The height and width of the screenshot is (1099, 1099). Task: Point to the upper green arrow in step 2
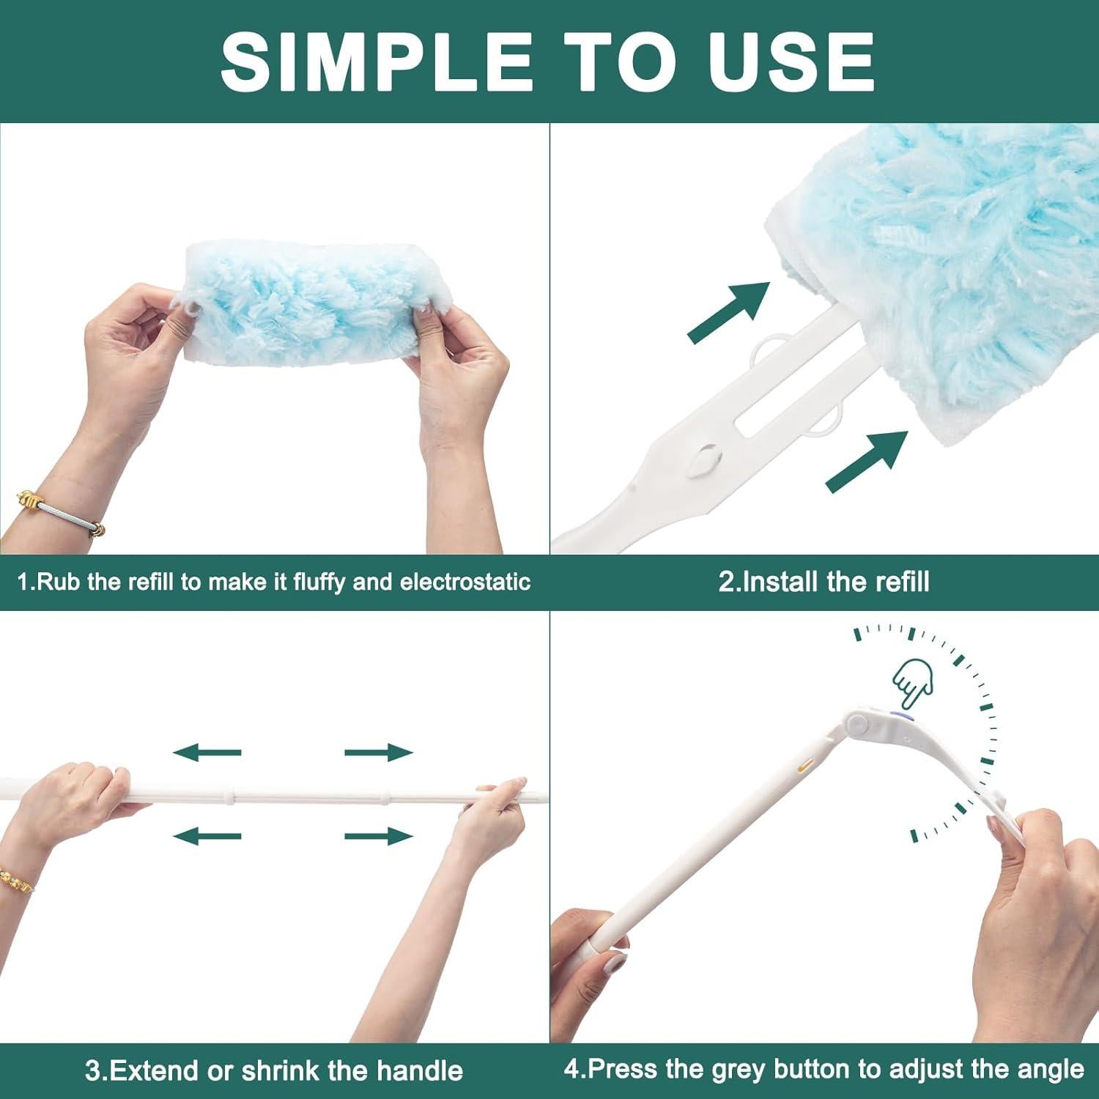pos(730,311)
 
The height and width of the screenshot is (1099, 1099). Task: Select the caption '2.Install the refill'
pos(824,582)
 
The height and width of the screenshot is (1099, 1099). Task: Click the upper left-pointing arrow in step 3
pos(207,752)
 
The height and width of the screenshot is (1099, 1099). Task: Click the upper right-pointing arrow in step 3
pos(379,752)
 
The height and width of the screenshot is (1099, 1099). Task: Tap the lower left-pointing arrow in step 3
pos(207,835)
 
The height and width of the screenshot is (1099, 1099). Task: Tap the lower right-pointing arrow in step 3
pos(379,835)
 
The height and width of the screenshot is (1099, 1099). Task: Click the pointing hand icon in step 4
pos(912,681)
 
